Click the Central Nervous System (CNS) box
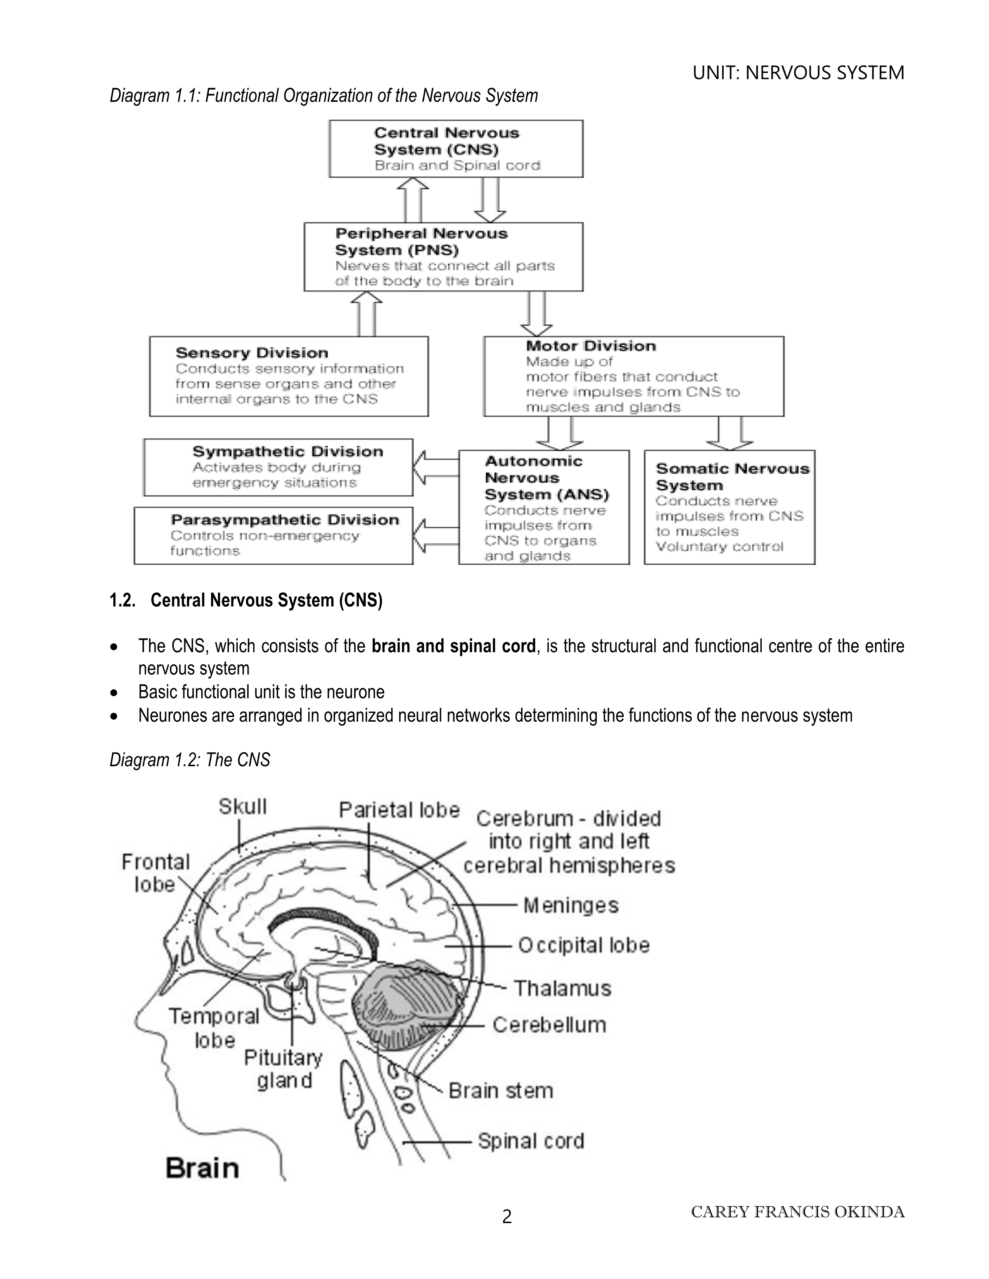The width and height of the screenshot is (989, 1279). click(x=456, y=149)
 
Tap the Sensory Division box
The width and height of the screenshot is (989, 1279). click(x=289, y=376)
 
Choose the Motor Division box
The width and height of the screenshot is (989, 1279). click(x=633, y=376)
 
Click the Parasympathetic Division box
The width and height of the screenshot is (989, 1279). click(x=273, y=535)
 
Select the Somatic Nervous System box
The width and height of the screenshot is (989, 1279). click(x=730, y=507)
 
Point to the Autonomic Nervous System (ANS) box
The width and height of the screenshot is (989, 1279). click(x=544, y=507)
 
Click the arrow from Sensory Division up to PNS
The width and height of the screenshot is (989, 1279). click(x=366, y=314)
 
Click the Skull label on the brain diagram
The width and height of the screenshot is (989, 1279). click(x=242, y=807)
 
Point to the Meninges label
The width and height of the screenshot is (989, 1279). click(x=571, y=905)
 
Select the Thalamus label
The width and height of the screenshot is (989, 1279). click(x=562, y=989)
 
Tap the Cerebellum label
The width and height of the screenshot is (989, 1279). click(x=549, y=1025)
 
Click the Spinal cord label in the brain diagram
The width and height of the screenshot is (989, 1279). click(x=531, y=1141)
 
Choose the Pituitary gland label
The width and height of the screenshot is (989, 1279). click(x=284, y=1069)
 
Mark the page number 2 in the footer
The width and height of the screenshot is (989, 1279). click(x=507, y=1217)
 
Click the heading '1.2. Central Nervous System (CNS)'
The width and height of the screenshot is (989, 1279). click(x=246, y=600)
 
